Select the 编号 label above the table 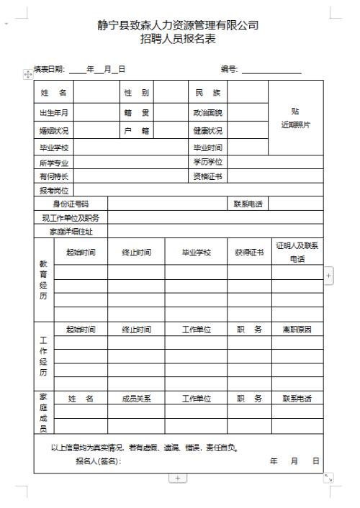pyautogui.click(x=229, y=69)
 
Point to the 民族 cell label pyautogui.click(x=206, y=94)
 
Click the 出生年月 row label pyautogui.click(x=54, y=112)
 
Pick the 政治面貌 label pyautogui.click(x=206, y=112)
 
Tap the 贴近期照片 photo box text pyautogui.click(x=295, y=118)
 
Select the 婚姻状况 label pyautogui.click(x=54, y=131)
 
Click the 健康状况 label pyautogui.click(x=206, y=131)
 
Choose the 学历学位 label pyautogui.click(x=206, y=163)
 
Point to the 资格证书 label pyautogui.click(x=206, y=176)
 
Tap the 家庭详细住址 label pyautogui.click(x=71, y=232)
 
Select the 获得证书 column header pyautogui.click(x=249, y=253)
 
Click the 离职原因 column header pyautogui.click(x=297, y=330)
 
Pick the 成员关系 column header pyautogui.click(x=136, y=398)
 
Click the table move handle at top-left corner pyautogui.click(x=28, y=73)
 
